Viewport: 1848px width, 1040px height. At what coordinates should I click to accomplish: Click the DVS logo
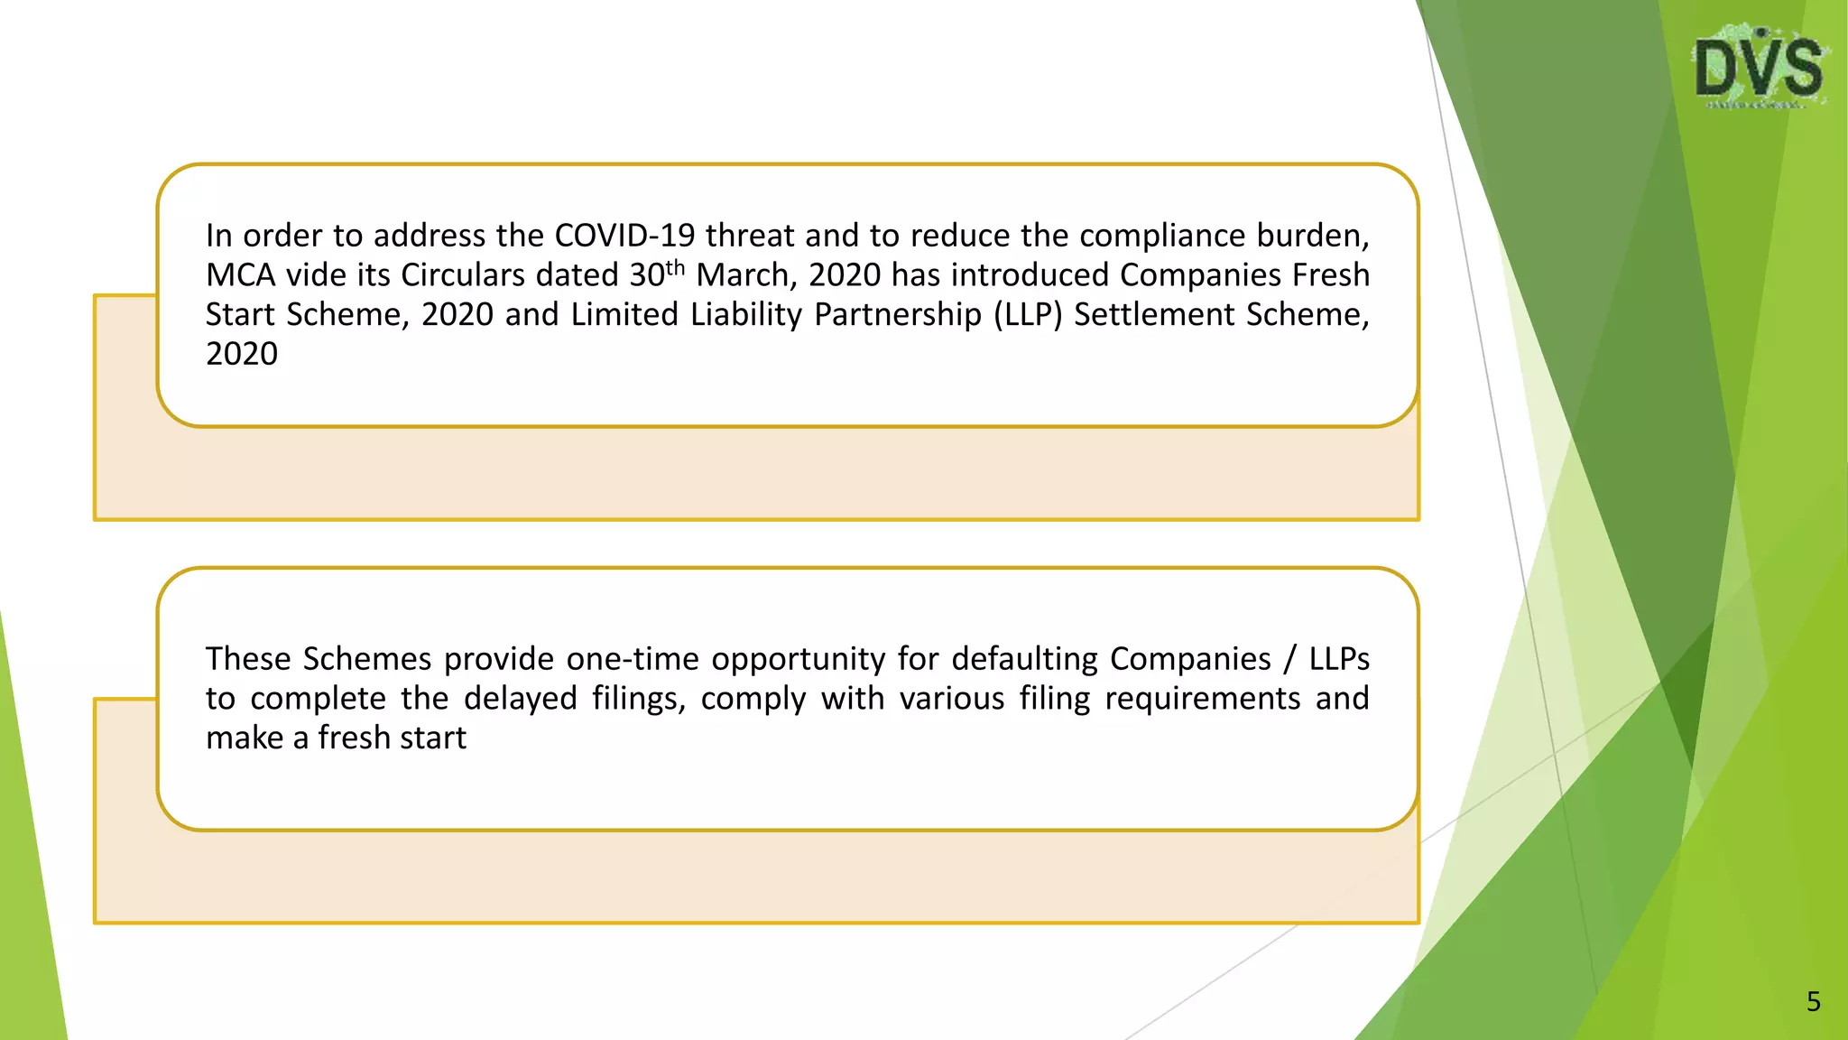1759,68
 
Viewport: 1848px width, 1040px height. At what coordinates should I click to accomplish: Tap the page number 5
1813,1001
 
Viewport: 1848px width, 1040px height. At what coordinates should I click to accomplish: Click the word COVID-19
624,236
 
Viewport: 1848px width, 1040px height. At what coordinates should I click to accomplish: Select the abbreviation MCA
239,275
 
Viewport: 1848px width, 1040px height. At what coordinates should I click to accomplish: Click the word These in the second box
248,659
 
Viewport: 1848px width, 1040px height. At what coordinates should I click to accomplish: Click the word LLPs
1339,659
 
